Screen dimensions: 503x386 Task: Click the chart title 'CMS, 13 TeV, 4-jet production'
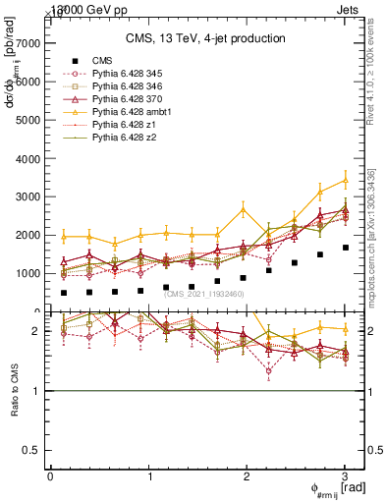point(205,39)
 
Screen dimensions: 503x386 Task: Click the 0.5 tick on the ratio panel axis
point(31,450)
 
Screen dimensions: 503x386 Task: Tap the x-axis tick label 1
point(149,476)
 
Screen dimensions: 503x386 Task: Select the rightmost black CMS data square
point(345,248)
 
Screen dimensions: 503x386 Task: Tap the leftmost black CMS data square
point(64,293)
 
